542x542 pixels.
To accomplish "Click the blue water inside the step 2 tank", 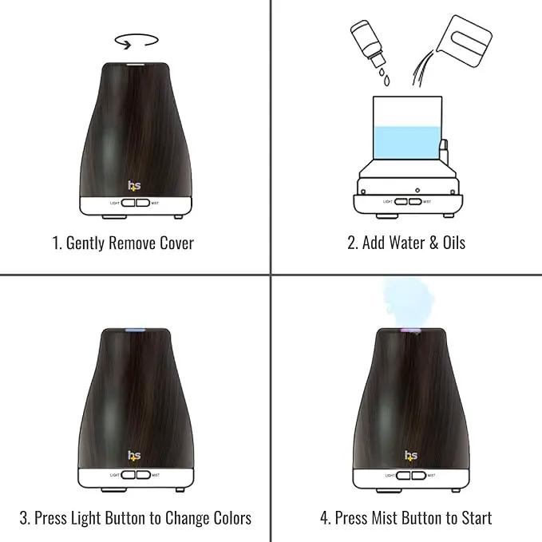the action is point(407,143).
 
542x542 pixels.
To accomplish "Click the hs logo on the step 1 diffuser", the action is point(134,186).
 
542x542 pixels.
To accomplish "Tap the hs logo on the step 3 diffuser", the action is point(134,456).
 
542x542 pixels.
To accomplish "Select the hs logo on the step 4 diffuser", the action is point(411,456).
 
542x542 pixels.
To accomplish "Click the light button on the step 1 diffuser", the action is point(129,203).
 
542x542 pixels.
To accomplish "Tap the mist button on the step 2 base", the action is point(415,201).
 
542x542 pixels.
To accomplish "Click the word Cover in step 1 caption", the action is point(176,243).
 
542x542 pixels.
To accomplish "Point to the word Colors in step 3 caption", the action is point(232,518).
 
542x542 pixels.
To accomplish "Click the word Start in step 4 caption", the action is point(477,518).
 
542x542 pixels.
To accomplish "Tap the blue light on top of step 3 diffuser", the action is point(135,330).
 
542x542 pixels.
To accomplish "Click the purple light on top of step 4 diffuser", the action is point(410,330).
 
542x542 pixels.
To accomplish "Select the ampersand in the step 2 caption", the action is point(433,243).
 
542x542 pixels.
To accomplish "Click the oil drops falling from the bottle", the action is point(385,77).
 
